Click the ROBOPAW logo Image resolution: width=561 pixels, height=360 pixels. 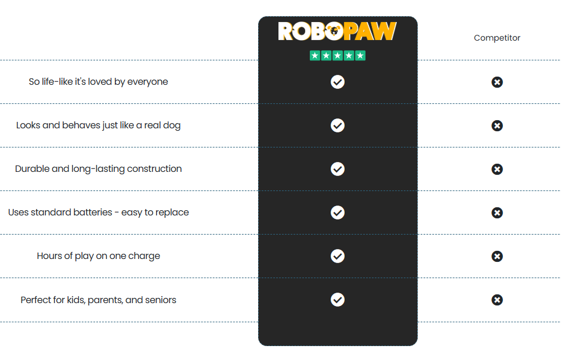pos(337,31)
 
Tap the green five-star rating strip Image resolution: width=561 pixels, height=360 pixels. pos(337,56)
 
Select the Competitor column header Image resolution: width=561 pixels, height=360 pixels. pos(497,38)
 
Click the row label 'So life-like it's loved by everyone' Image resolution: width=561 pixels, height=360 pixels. pos(98,82)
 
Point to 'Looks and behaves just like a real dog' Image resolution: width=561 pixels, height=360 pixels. pos(98,125)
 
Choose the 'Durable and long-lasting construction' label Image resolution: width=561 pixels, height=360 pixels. pos(98,169)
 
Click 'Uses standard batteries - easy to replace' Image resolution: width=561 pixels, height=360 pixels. pos(98,213)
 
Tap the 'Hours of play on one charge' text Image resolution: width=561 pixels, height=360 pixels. pos(98,256)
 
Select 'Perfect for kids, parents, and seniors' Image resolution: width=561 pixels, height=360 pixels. pos(98,300)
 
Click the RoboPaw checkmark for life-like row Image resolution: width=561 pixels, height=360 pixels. pos(338,82)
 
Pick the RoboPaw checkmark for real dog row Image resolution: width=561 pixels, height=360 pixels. pos(338,125)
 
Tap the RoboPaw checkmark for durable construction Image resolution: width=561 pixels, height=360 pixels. pos(338,169)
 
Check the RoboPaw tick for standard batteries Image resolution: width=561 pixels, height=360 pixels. pos(338,213)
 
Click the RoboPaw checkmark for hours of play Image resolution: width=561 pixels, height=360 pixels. pos(338,256)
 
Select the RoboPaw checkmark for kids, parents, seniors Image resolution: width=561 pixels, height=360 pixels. pos(338,300)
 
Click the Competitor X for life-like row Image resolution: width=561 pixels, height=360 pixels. pos(497,82)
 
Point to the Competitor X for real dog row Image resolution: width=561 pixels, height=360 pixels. pos(497,125)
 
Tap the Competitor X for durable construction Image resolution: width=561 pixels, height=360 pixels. pos(497,169)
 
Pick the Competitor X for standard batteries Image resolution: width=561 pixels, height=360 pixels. pos(497,213)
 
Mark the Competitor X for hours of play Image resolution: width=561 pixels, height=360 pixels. pos(497,256)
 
